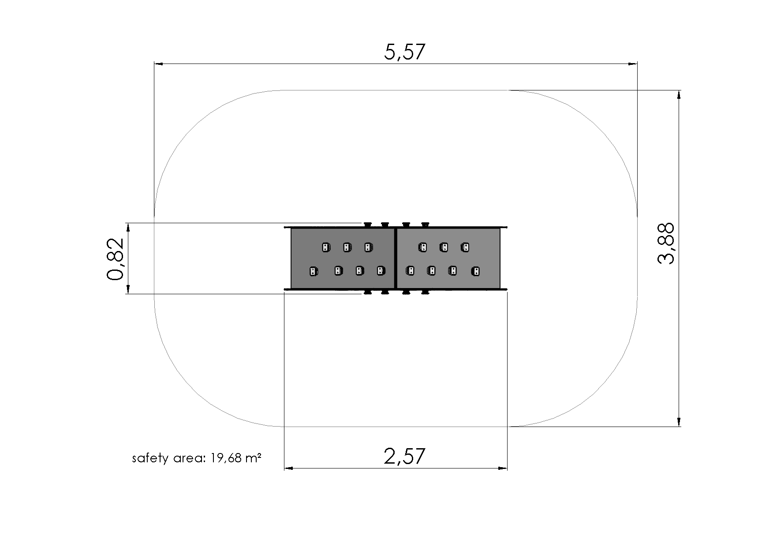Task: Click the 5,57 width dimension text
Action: coord(405,52)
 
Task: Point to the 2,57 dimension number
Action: coord(404,456)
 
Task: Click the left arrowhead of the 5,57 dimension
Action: coord(159,64)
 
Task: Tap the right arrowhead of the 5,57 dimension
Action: coord(632,64)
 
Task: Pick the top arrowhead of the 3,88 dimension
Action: coord(679,95)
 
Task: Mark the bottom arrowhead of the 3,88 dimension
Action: coord(679,421)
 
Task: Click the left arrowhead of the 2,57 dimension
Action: coord(289,468)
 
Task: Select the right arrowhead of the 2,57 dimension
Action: coord(502,468)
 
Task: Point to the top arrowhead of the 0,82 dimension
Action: coord(128,228)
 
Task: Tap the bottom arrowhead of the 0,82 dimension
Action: coord(128,288)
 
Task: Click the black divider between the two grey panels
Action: coord(396,259)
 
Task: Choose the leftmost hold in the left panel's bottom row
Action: coord(313,271)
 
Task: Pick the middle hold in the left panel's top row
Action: coord(347,247)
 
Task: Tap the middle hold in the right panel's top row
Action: coord(444,247)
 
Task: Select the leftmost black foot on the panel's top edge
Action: coord(366,225)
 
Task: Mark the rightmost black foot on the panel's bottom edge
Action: coord(425,292)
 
